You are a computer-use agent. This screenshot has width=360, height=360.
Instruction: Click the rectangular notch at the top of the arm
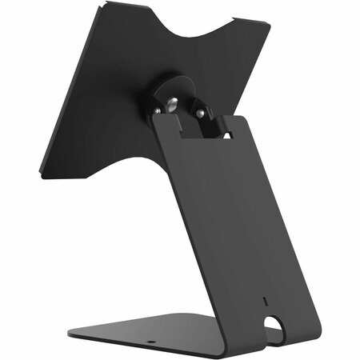pyautogui.click(x=200, y=128)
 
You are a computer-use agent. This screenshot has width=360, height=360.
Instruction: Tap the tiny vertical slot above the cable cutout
pyautogui.click(x=266, y=303)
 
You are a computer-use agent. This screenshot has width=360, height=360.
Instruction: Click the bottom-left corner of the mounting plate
pyautogui.click(x=40, y=170)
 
